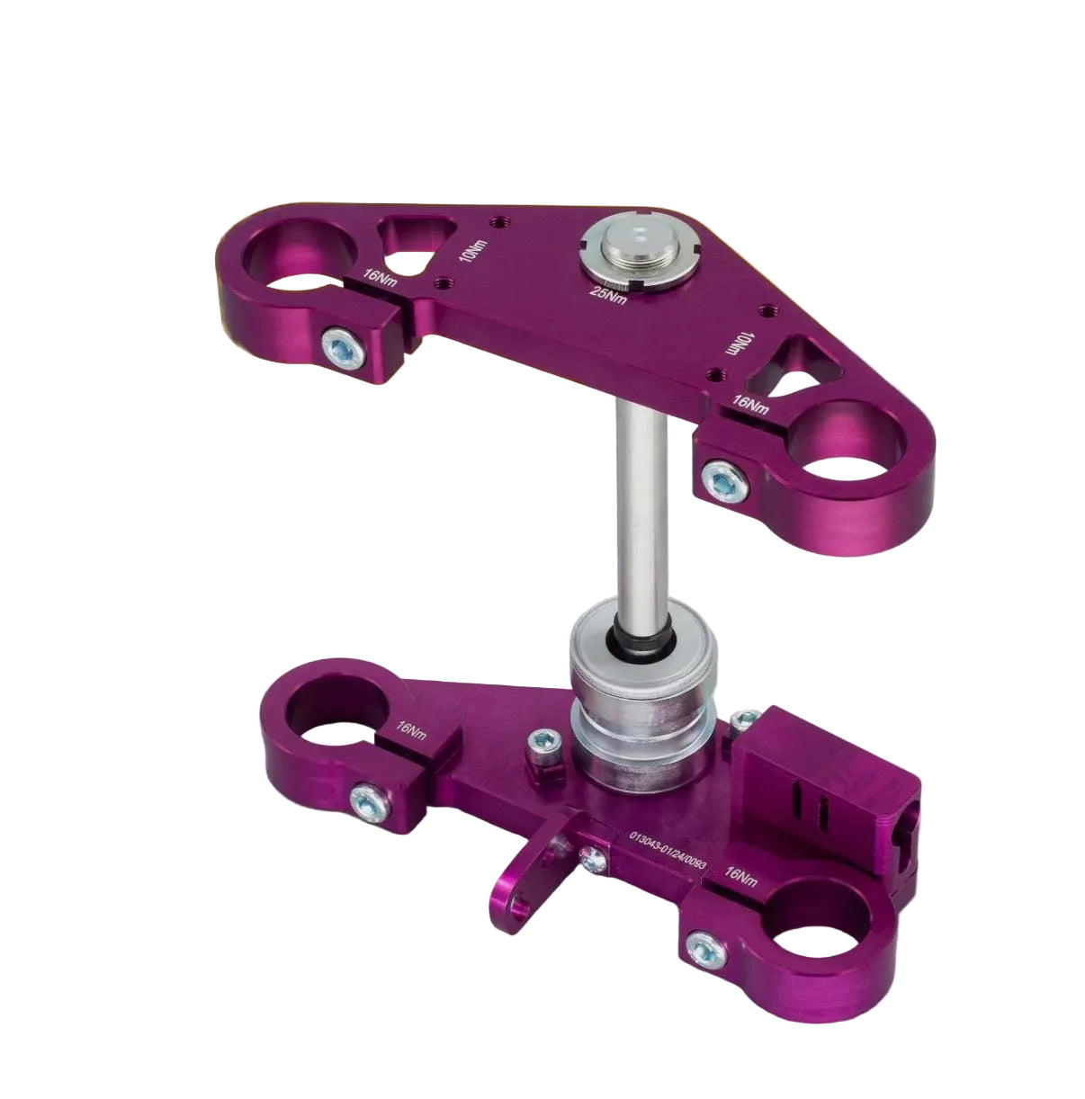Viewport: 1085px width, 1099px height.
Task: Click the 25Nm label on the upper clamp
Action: click(609, 294)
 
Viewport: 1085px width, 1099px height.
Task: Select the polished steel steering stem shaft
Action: click(641, 507)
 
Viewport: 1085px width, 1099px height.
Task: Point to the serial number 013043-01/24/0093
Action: click(668, 853)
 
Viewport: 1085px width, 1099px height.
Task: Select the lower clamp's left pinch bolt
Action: click(371, 802)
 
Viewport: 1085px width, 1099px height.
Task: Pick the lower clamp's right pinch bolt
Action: click(706, 951)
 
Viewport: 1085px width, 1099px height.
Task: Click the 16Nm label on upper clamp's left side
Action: click(381, 277)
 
